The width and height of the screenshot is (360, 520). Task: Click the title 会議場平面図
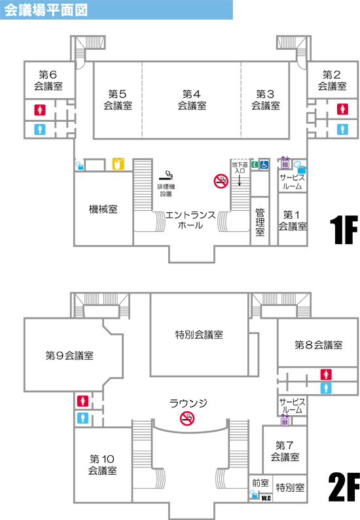point(46,10)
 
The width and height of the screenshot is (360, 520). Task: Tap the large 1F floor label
point(344,230)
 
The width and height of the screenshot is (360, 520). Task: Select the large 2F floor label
point(344,487)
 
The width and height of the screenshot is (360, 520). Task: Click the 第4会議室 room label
point(192,100)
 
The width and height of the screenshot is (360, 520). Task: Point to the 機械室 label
point(103,210)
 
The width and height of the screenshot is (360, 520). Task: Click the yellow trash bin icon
point(118,164)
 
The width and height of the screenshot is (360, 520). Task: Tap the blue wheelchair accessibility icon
point(264,164)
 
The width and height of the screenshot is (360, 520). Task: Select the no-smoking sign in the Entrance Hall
point(221,181)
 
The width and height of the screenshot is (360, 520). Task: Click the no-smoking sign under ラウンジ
point(187,418)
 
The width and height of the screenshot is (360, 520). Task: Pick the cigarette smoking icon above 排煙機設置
point(166,176)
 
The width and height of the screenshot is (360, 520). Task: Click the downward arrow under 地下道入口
point(240,180)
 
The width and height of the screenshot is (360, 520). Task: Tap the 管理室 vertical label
point(261,222)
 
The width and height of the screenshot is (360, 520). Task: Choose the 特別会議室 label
point(199,335)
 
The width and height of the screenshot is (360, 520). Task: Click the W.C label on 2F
point(266,498)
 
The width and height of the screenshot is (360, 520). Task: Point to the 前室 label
point(261,483)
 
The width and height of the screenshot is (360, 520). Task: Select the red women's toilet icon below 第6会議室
point(40,110)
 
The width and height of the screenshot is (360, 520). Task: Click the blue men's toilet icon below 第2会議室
point(342,129)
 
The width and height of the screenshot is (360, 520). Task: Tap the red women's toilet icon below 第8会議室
point(326,375)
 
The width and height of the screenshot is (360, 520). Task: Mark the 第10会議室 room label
point(102,464)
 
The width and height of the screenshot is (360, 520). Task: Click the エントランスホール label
point(190,220)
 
